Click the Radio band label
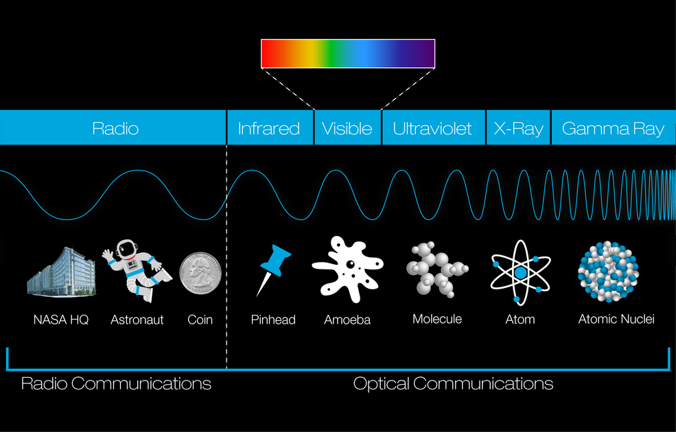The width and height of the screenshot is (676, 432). pyautogui.click(x=115, y=128)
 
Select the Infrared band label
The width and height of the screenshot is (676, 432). pyautogui.click(x=268, y=128)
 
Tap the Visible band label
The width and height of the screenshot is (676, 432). pyautogui.click(x=347, y=128)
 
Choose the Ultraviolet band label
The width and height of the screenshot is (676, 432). pyautogui.click(x=432, y=128)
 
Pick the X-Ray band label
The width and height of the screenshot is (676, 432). pyautogui.click(x=518, y=129)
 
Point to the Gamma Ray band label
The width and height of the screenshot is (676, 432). pyautogui.click(x=613, y=129)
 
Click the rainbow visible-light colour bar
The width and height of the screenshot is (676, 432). pyautogui.click(x=348, y=54)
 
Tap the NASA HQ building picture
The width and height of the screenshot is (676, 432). pyautogui.click(x=61, y=272)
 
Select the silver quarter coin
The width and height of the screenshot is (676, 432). pyautogui.click(x=200, y=273)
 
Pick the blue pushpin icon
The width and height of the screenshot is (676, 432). pyautogui.click(x=273, y=270)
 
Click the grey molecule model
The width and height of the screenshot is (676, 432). pyautogui.click(x=436, y=269)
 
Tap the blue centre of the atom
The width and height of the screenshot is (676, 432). pyautogui.click(x=521, y=273)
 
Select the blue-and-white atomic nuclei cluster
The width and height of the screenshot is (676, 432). pyautogui.click(x=608, y=272)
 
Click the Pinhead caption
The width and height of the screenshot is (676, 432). pyautogui.click(x=273, y=320)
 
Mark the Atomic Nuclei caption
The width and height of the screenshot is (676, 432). pyautogui.click(x=616, y=319)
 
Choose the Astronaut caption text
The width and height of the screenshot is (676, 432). pyautogui.click(x=137, y=320)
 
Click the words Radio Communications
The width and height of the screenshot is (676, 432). pyautogui.click(x=116, y=383)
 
